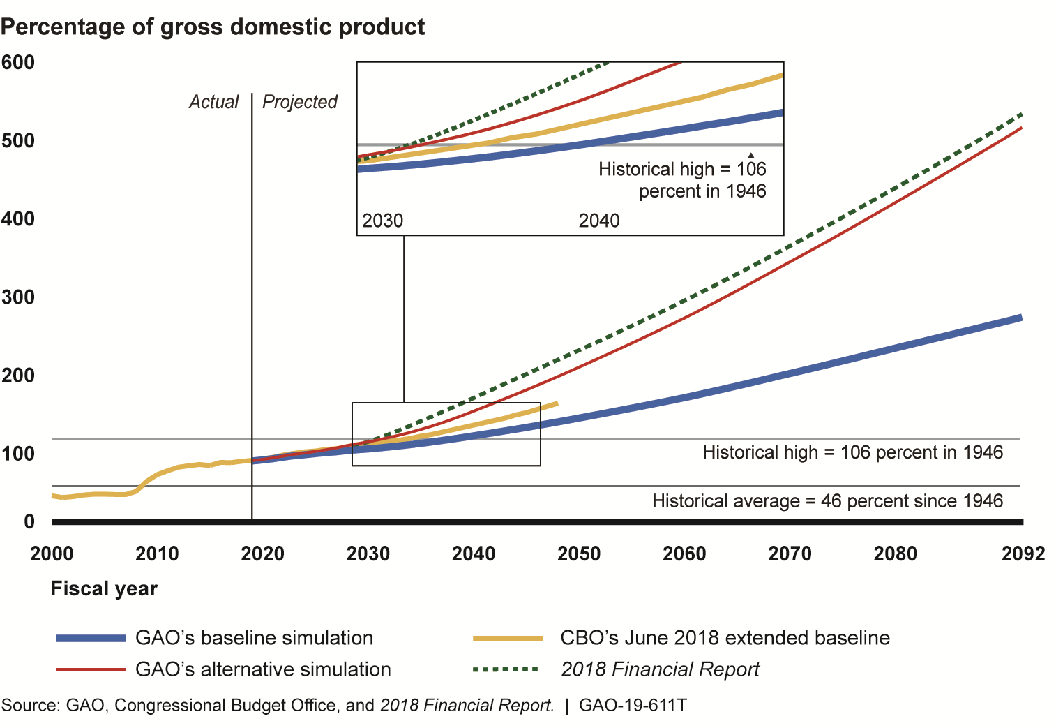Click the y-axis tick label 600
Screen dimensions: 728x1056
click(x=18, y=63)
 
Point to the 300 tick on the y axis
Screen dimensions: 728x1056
click(x=18, y=297)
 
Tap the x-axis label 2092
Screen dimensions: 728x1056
click(x=1023, y=554)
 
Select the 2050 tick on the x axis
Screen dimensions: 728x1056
click(x=579, y=554)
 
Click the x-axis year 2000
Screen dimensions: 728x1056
click(x=52, y=554)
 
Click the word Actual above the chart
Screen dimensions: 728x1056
click(x=214, y=103)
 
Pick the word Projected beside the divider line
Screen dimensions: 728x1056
click(x=300, y=103)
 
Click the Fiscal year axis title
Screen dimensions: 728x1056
click(x=104, y=589)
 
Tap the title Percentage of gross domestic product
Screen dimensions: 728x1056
click(x=213, y=27)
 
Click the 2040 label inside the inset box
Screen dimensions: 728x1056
click(x=599, y=221)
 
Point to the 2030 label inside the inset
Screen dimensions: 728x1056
click(x=383, y=221)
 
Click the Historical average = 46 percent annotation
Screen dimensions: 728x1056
click(x=827, y=501)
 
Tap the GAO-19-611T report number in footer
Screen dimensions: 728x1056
click(x=633, y=706)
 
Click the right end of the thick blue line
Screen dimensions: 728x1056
click(x=1021, y=318)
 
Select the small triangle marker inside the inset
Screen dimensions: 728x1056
click(x=751, y=155)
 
